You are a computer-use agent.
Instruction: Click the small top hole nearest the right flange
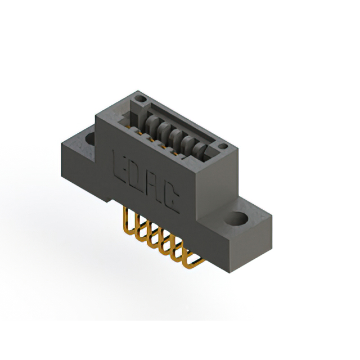223,147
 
